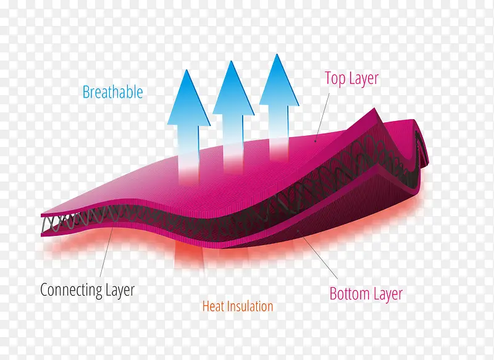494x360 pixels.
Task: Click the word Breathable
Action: tap(112, 93)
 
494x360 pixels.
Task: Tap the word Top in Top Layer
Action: tap(335, 79)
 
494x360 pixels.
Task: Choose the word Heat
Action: tap(214, 306)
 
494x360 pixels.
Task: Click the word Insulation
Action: tap(250, 306)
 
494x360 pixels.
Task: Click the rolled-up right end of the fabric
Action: tap(420, 142)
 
